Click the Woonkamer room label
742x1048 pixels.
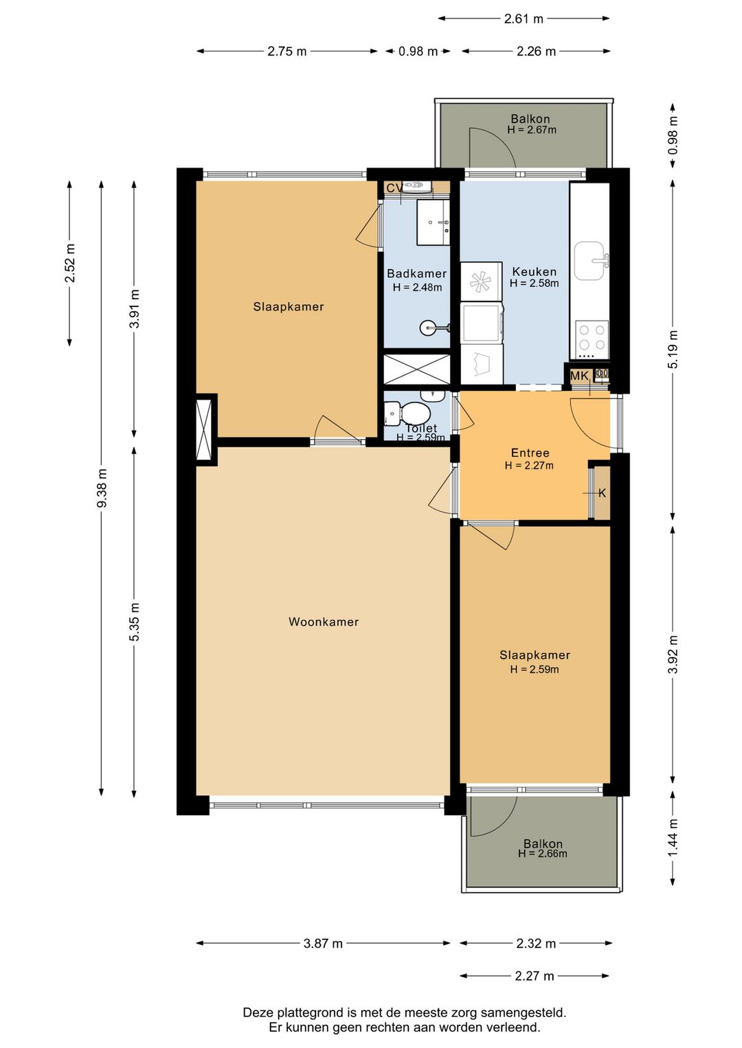pyautogui.click(x=323, y=622)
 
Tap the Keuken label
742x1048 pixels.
pyautogui.click(x=534, y=272)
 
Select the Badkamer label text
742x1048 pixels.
pyautogui.click(x=416, y=273)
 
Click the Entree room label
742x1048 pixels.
pyautogui.click(x=530, y=453)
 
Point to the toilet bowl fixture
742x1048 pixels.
pyautogui.click(x=414, y=413)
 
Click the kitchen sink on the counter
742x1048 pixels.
pyautogui.click(x=589, y=261)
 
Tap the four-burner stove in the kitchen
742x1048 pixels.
pyautogui.click(x=592, y=337)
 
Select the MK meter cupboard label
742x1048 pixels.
pyautogui.click(x=579, y=376)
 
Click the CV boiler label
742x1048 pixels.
pyautogui.click(x=394, y=188)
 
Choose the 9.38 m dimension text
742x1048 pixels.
pyautogui.click(x=102, y=488)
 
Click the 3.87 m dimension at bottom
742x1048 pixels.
pyautogui.click(x=323, y=944)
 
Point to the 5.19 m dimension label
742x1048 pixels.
pyautogui.click(x=673, y=350)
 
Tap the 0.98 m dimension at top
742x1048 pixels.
pyautogui.click(x=418, y=52)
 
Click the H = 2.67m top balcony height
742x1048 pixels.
pyautogui.click(x=532, y=130)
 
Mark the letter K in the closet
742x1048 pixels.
pyautogui.click(x=602, y=493)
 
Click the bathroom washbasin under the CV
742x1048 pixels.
pyautogui.click(x=433, y=222)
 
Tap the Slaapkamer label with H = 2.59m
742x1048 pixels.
pyautogui.click(x=535, y=655)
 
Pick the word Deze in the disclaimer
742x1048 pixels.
pyautogui.click(x=257, y=1012)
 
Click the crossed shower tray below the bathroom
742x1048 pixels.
pyautogui.click(x=416, y=369)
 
